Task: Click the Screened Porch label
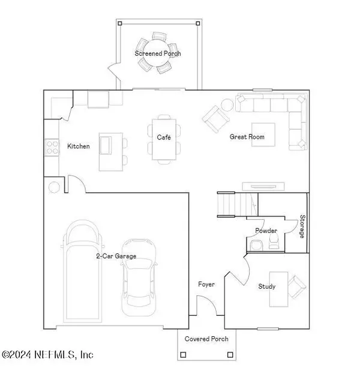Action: [158, 53]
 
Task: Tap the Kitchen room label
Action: [79, 146]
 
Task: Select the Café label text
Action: [164, 137]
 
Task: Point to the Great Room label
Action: [247, 137]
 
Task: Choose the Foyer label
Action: [206, 285]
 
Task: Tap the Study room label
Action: [267, 286]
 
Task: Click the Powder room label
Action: [266, 231]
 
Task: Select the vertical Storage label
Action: [302, 226]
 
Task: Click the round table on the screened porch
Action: [158, 53]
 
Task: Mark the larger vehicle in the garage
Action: [82, 273]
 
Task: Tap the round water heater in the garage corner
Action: [54, 187]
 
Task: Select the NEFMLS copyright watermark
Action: [47, 355]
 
